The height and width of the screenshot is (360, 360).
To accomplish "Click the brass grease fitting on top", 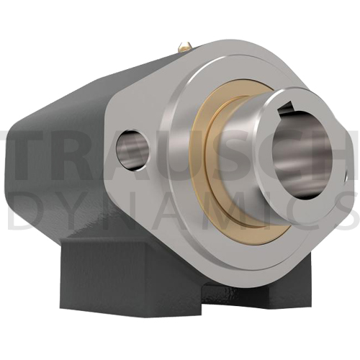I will point(185,47).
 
